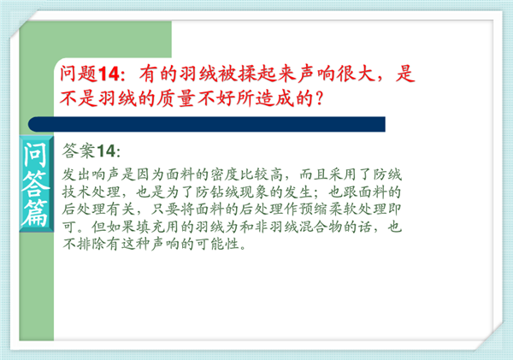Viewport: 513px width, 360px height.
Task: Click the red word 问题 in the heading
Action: coord(79,74)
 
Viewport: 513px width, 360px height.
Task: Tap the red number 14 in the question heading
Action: coord(109,74)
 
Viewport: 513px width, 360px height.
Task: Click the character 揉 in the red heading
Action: coord(247,74)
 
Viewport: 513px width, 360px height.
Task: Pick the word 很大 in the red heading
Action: coord(356,74)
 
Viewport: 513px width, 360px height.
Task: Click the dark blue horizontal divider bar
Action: coord(206,124)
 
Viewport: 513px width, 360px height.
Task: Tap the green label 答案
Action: coord(79,150)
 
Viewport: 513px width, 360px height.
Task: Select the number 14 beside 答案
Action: coord(106,151)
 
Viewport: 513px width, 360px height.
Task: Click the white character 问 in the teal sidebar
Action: coord(35,155)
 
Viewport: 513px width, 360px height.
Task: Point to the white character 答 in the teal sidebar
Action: coord(35,184)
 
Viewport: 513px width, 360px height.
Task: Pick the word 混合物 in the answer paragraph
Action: coord(321,227)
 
